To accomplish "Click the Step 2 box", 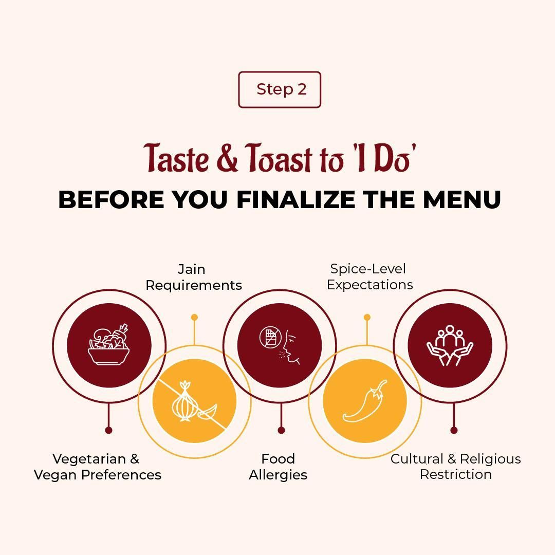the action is (279, 89).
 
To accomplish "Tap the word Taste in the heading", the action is (176, 158).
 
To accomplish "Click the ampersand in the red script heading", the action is (227, 158).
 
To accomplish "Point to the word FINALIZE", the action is (296, 199).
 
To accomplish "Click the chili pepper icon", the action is (365, 401).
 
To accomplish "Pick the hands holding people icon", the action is (450, 345).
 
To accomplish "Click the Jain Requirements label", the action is (194, 277).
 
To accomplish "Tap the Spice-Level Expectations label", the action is (369, 277).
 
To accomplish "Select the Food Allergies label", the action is (278, 467).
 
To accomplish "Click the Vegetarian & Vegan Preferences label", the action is (97, 467).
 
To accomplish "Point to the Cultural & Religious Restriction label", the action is (455, 467).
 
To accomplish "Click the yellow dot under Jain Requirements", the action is (194, 317).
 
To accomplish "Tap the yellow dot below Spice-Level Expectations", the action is (367, 317).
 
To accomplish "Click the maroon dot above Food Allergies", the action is (281, 430).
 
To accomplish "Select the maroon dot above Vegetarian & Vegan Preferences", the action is (108, 430).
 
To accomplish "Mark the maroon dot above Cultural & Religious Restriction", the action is (454, 430).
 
